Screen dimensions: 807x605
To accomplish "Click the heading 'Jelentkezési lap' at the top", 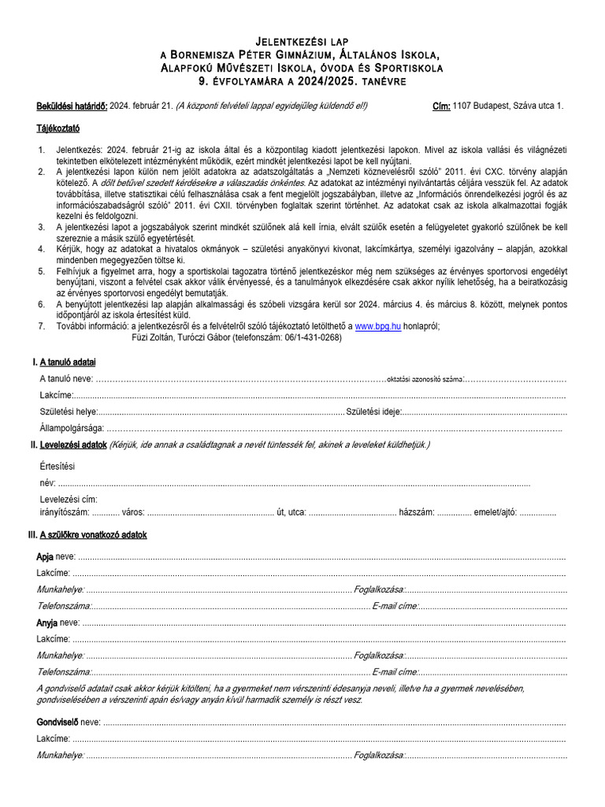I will [302, 40].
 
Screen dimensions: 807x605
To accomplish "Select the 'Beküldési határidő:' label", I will [72, 106].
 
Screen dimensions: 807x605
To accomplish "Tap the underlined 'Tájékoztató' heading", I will [58, 127].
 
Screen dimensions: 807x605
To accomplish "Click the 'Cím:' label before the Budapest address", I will [442, 106].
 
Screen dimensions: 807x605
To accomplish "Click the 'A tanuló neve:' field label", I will [67, 379].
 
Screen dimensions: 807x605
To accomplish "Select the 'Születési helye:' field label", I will [68, 411].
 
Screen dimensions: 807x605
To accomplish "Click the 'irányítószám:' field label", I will [65, 511].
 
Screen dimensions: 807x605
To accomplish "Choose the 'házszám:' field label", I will [417, 511].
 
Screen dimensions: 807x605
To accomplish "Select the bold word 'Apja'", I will [45, 556].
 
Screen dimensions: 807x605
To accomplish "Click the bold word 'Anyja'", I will [47, 622].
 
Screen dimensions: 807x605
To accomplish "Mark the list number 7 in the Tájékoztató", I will [41, 325].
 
